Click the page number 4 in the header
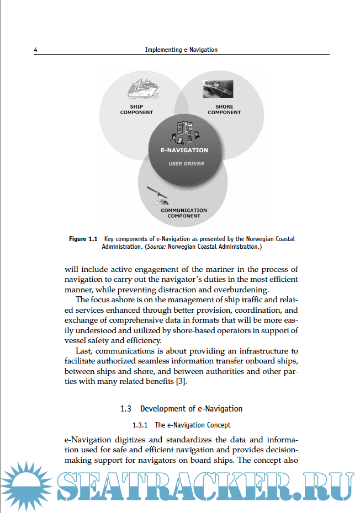pyautogui.click(x=35, y=50)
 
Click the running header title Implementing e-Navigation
pyautogui.click(x=181, y=50)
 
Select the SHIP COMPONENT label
pyautogui.click(x=136, y=109)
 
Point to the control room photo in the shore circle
pyautogui.click(x=217, y=89)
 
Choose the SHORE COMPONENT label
pyautogui.click(x=224, y=109)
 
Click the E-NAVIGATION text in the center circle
pyautogui.click(x=184, y=150)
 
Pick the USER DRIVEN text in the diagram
pyautogui.click(x=186, y=163)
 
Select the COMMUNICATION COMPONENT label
pyautogui.click(x=184, y=213)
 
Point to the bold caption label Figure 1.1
pyautogui.click(x=83, y=239)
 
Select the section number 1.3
pyautogui.click(x=126, y=409)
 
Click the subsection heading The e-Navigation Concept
pyautogui.click(x=192, y=425)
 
